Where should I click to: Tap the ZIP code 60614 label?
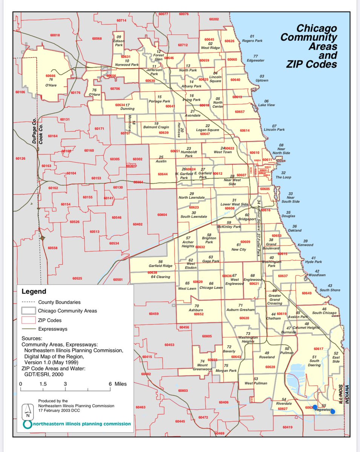tap(245, 130)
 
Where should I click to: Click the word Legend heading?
tap(34, 291)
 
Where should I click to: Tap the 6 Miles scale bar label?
tap(118, 384)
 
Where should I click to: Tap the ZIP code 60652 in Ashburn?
tap(199, 314)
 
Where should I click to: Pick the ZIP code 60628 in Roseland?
tap(270, 366)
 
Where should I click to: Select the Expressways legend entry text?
tap(53, 329)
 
